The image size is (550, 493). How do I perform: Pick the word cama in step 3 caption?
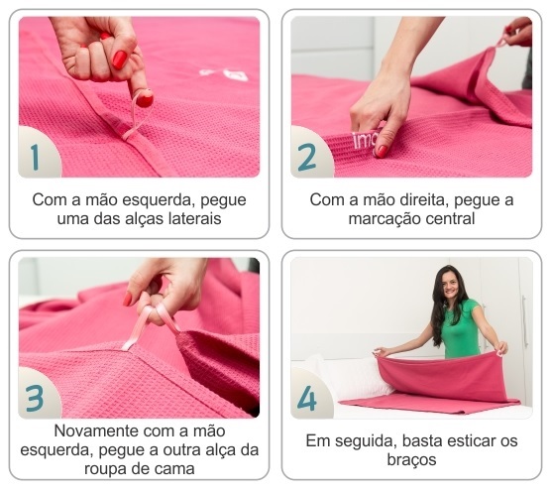point(176,469)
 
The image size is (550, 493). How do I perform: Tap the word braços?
point(412,460)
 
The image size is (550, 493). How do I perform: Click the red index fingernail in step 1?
point(144,98)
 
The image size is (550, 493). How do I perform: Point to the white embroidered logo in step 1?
point(224,74)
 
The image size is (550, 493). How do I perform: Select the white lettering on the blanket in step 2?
point(364,141)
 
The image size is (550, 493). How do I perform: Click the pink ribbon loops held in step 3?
point(151,324)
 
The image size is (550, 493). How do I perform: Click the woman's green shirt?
point(460,329)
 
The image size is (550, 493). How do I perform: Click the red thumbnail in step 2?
point(382,152)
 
